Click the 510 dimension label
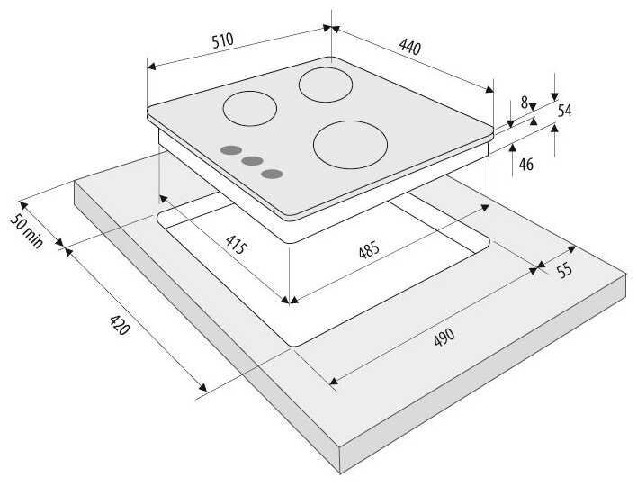click(223, 40)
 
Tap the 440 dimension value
click(409, 46)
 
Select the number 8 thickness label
click(525, 103)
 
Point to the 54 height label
click(564, 111)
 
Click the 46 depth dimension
click(525, 165)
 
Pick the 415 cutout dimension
click(236, 244)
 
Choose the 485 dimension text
click(369, 249)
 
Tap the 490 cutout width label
click(444, 337)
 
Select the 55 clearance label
click(564, 270)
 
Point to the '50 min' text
click(26, 231)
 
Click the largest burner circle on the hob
click(350, 145)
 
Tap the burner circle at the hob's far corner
click(326, 85)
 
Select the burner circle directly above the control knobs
click(250, 109)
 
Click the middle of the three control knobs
click(252, 161)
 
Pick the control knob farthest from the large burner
click(231, 150)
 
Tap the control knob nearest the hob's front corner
click(273, 175)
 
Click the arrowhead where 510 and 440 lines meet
click(331, 28)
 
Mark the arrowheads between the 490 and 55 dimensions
click(540, 266)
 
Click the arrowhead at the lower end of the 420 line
click(202, 387)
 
